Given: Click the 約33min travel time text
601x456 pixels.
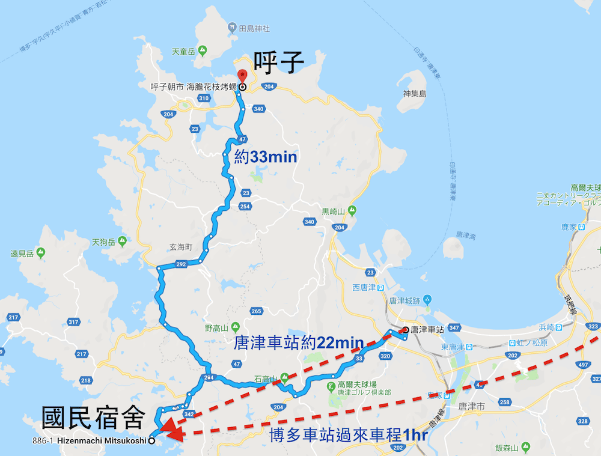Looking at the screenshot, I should [266, 157].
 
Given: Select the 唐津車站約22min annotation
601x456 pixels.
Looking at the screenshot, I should [299, 342].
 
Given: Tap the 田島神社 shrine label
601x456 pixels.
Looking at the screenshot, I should [254, 28].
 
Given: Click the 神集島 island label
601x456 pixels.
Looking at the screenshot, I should [415, 94].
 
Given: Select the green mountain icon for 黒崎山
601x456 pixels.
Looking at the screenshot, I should [352, 211].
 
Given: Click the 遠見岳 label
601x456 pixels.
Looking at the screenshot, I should [22, 252].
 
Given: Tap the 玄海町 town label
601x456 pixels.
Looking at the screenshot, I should [180, 248].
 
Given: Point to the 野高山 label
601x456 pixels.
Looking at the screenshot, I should [216, 328].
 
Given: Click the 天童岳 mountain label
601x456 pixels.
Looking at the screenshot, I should [183, 52].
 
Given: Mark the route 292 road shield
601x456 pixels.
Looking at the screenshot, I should [181, 264].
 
